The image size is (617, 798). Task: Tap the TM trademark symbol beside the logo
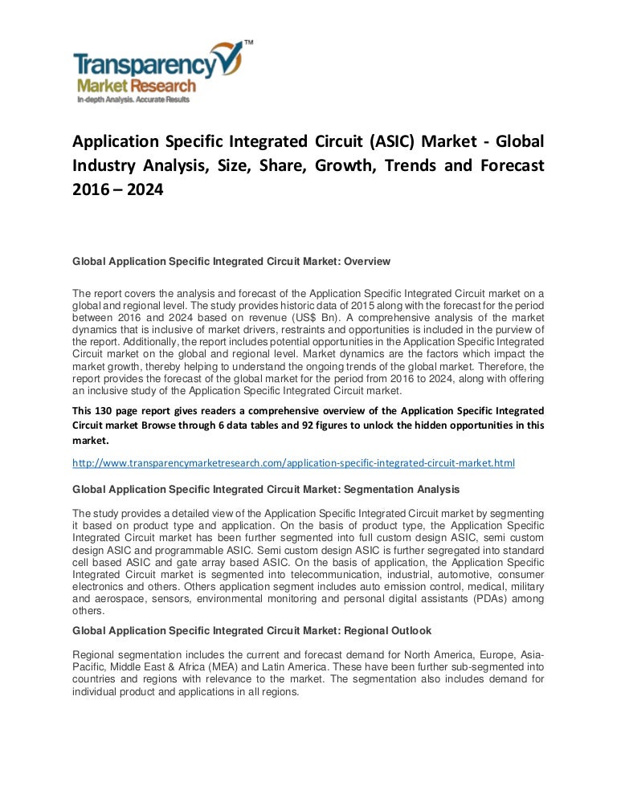coord(248,41)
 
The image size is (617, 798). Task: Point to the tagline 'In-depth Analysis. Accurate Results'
coord(133,100)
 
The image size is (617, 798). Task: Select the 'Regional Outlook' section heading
coord(382,630)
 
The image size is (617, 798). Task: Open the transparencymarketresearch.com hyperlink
coord(293,463)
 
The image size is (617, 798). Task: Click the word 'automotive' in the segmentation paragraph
coord(453,575)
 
